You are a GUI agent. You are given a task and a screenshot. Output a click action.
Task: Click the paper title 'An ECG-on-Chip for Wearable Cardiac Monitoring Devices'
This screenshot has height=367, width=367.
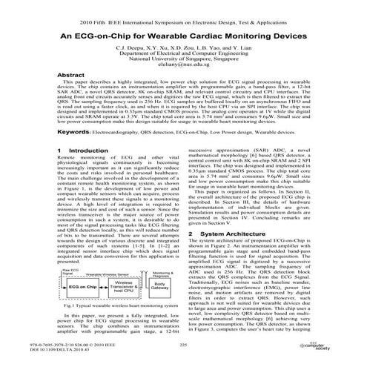[183, 35]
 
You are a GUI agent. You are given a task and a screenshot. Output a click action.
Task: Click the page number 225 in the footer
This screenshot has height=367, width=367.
[183, 345]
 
